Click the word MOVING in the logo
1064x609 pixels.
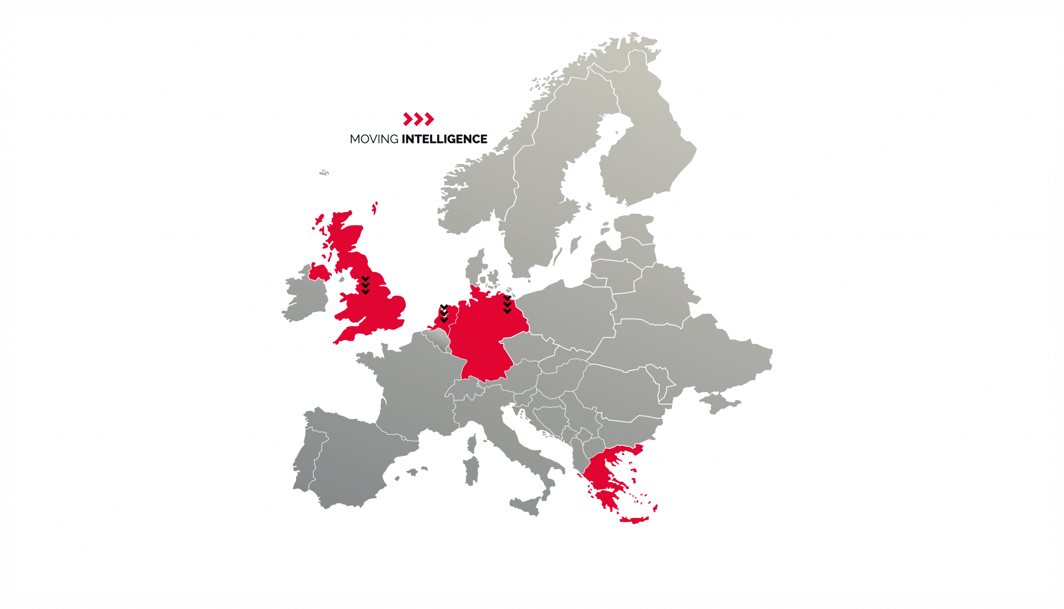pos(374,139)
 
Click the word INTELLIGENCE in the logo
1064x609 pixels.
pos(445,139)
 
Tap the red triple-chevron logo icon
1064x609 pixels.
pos(418,119)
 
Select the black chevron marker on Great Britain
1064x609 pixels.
pos(365,286)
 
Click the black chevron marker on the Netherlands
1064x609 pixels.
pos(444,314)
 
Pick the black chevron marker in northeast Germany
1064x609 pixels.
pos(507,305)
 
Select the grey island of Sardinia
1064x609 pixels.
pos(471,471)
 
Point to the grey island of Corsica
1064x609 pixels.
pos(472,444)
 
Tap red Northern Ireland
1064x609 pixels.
pos(318,272)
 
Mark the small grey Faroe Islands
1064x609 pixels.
pos(324,172)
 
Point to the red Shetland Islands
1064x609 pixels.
pos(374,208)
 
